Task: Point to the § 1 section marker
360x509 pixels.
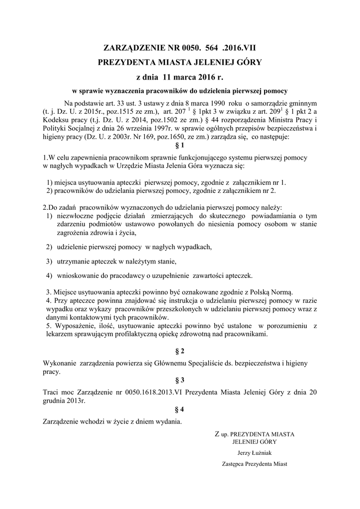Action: [x=180, y=146]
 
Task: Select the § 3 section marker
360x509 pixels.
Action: [x=180, y=380]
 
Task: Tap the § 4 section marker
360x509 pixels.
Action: [x=180, y=410]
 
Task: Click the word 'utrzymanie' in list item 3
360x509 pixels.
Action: [x=74, y=261]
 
